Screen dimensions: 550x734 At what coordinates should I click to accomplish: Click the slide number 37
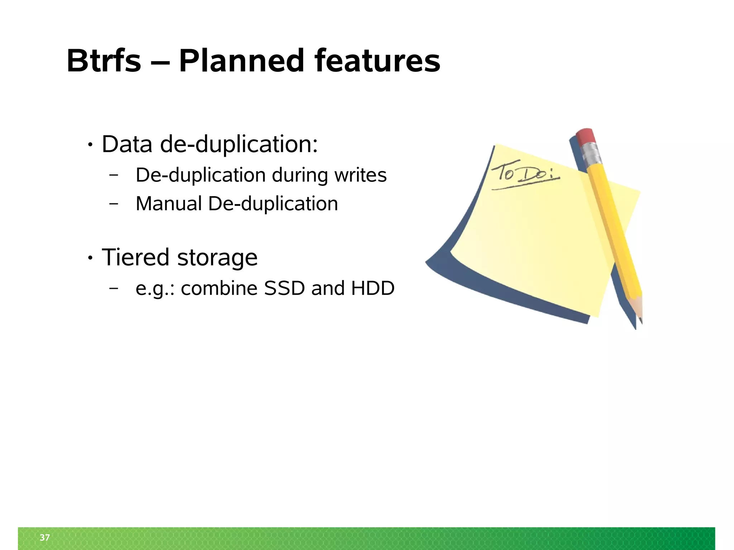45,537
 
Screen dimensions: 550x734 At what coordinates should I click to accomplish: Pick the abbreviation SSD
284,288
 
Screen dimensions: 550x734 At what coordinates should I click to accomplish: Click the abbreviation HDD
373,288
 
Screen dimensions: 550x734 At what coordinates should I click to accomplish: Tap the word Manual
169,204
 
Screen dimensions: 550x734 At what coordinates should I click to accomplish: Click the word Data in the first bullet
127,144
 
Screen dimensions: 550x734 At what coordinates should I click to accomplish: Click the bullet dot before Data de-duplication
90,145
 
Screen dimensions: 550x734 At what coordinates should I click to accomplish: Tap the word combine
219,288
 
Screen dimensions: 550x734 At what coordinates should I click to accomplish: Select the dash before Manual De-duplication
114,204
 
